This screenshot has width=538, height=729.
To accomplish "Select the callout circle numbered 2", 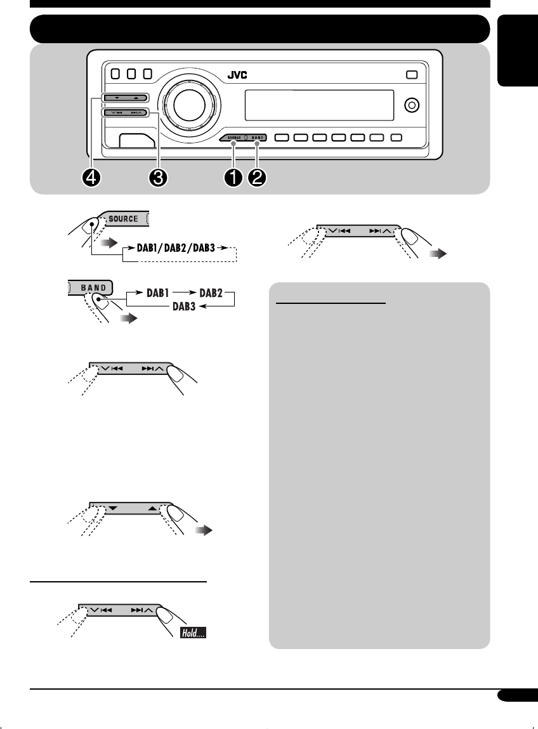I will pyautogui.click(x=258, y=178).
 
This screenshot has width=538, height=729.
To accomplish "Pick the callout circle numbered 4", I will pyautogui.click(x=94, y=178).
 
